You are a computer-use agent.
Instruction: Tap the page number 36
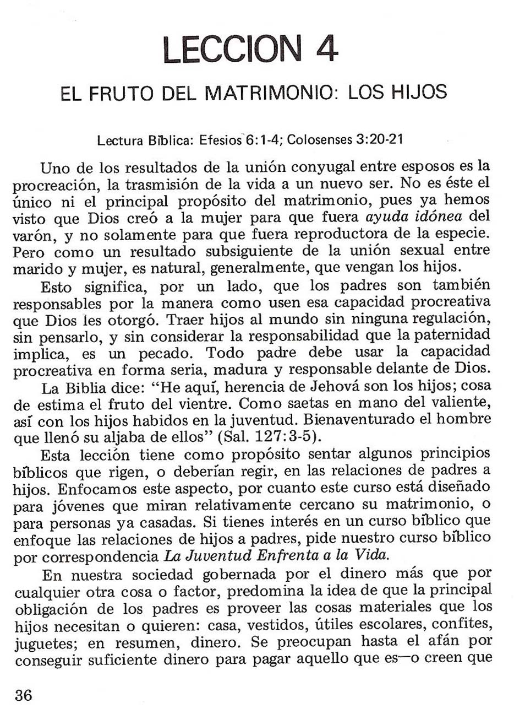[24, 695]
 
